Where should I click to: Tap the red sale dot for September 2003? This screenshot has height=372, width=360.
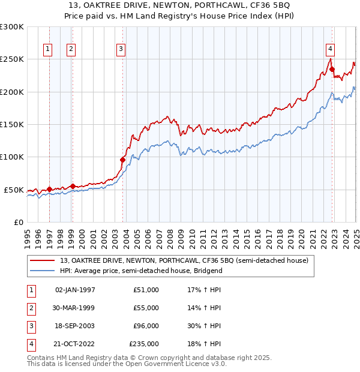point(123,160)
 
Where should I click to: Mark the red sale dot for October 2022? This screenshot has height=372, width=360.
point(332,70)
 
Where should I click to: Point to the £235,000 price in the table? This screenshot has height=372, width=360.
point(144,344)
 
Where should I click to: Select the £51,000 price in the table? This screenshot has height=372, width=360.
point(146,290)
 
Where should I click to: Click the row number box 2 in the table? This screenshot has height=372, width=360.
point(31,308)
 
